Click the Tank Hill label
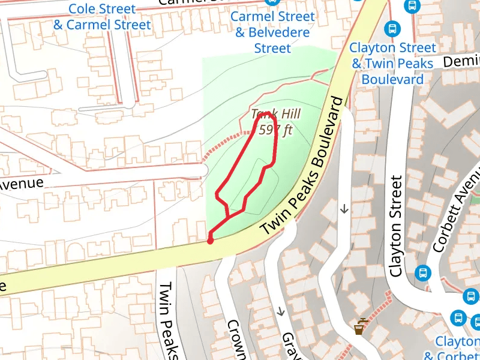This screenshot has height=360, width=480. [275, 114]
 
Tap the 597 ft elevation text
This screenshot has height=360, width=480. [275, 129]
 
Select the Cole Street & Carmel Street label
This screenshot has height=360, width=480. [102, 17]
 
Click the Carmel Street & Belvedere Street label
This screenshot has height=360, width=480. [272, 32]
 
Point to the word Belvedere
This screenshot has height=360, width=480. [272, 32]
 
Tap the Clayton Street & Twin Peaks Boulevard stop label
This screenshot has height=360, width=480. [394, 63]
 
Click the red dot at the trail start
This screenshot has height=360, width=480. [210, 241]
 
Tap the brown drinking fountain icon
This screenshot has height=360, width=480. [359, 326]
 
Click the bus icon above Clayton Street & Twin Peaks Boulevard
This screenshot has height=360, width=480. [392, 28]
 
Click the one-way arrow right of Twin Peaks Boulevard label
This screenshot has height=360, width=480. [344, 209]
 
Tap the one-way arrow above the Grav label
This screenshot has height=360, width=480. [280, 312]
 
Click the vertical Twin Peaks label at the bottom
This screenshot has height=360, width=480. [169, 320]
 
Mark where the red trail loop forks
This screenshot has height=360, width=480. [227, 216]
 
